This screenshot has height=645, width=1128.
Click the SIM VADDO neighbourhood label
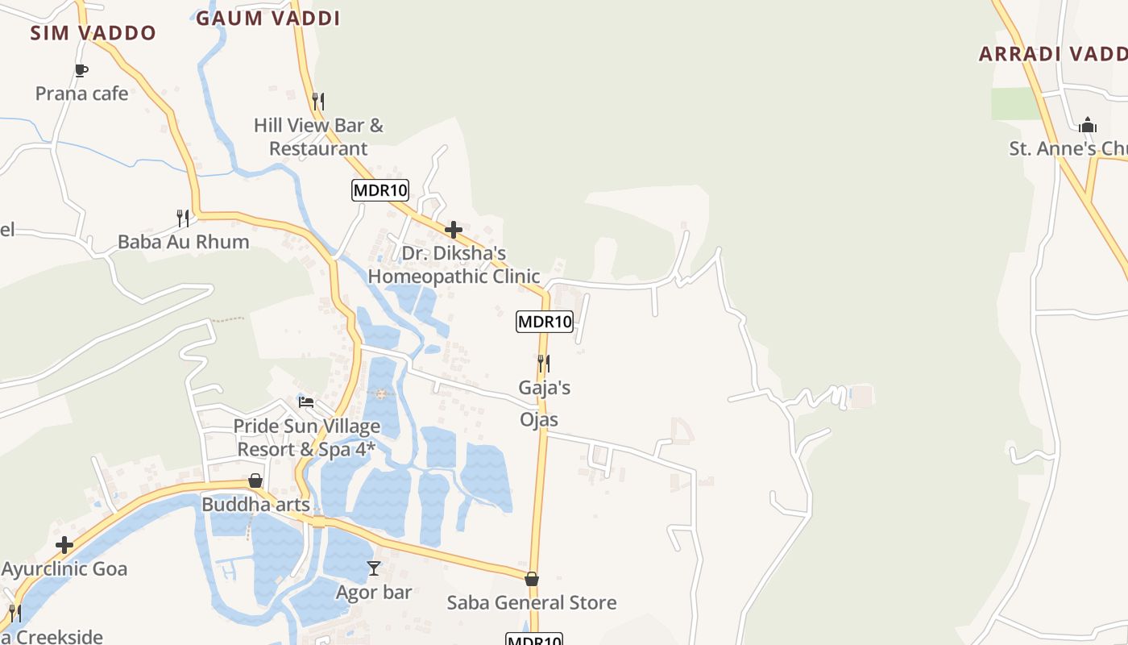93,33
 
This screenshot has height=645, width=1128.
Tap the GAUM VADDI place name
267,18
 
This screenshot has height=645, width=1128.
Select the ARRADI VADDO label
1052,54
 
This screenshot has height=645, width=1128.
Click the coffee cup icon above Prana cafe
81,70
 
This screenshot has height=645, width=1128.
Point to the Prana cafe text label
81,94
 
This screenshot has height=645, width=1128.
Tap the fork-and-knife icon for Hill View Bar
318,102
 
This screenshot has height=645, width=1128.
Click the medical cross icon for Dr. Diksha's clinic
454,230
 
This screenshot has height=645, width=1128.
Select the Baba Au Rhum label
183,242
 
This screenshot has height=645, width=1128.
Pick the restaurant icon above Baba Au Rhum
183,218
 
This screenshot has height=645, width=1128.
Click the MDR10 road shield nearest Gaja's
545,322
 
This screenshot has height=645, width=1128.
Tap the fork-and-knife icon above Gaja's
544,364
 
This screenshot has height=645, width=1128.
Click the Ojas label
539,419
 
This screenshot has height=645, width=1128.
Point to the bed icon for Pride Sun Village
306,402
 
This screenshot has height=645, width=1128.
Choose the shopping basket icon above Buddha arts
255,481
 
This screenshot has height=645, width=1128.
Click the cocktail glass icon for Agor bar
374,568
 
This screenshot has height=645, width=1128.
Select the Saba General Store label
531,602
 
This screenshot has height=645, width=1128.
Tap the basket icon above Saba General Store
532,579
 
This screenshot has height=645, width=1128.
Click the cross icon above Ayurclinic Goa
64,545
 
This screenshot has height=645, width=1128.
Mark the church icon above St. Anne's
1088,125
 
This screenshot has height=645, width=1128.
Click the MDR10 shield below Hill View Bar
380,190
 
